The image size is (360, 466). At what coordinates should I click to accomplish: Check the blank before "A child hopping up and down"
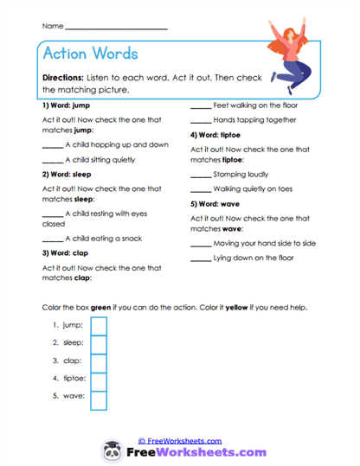tap(51, 145)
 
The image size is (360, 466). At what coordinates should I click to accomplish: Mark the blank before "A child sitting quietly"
tap(51, 160)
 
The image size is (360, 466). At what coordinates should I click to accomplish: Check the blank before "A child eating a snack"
tap(51, 239)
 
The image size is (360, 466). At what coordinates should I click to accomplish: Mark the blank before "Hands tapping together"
tap(200, 120)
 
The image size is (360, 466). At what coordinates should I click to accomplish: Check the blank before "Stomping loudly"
tap(200, 175)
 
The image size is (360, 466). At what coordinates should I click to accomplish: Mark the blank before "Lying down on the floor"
tap(200, 259)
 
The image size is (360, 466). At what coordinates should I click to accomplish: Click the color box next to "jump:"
tap(99, 326)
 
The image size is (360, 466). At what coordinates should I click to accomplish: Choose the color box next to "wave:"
tap(99, 399)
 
